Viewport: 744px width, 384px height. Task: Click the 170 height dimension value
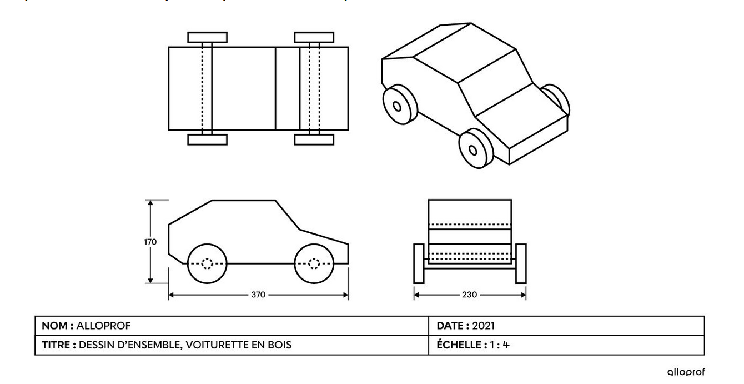[150, 242]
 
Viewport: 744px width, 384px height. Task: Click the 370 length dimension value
[258, 295]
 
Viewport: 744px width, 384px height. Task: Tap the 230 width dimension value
[469, 295]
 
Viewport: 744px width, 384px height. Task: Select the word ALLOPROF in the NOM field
[104, 326]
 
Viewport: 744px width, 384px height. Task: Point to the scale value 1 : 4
[499, 345]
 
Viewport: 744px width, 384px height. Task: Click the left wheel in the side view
[208, 263]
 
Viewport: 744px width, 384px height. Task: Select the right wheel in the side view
[314, 263]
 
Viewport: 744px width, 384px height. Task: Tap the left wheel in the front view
[419, 263]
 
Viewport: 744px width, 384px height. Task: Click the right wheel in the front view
[521, 263]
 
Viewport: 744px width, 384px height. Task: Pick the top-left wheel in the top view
[207, 37]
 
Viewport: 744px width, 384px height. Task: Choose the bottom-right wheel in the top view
[314, 139]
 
